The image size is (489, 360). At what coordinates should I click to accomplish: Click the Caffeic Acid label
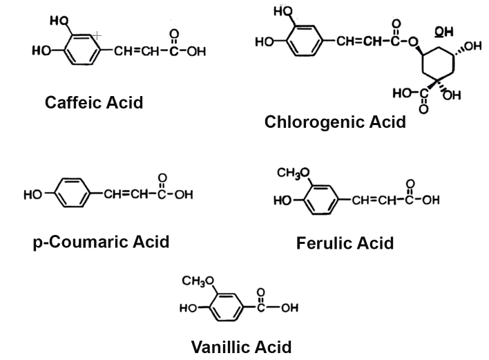click(x=94, y=102)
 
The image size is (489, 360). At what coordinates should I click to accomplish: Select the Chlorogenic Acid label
click(x=335, y=122)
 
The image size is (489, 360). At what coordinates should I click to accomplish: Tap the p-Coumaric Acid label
click(x=101, y=242)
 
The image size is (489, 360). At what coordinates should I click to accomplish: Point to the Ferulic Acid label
click(x=345, y=243)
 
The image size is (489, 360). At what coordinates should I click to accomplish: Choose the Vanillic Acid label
click(x=241, y=345)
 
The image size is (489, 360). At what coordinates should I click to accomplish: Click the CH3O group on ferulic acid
click(x=293, y=173)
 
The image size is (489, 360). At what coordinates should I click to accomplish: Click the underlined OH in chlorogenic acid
click(x=443, y=31)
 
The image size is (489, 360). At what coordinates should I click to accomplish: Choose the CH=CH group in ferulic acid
click(x=374, y=200)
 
